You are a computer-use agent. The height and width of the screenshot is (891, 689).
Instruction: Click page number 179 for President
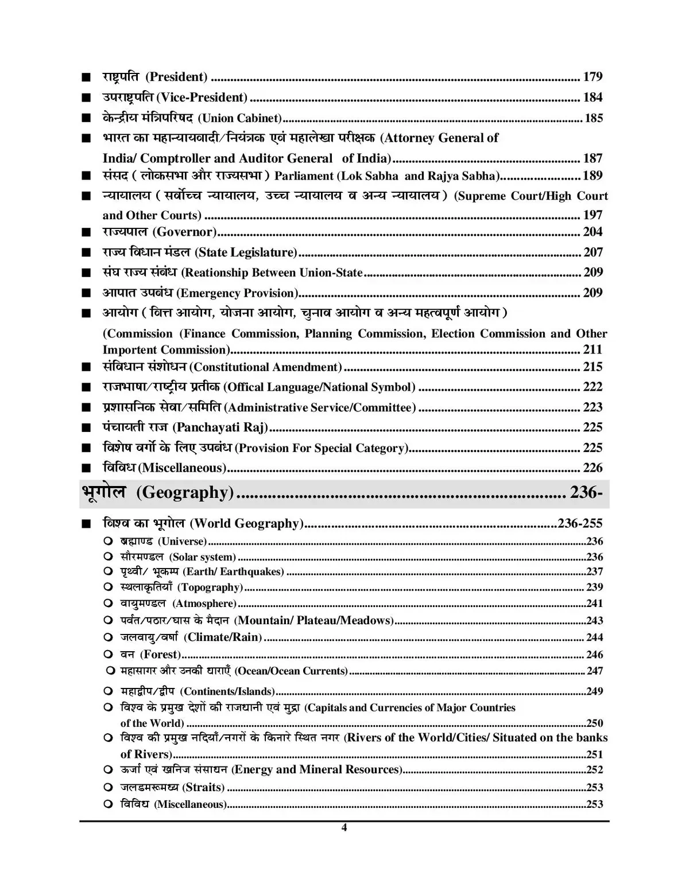click(x=593, y=77)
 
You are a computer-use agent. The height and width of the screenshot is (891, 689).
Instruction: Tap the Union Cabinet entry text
click(x=240, y=118)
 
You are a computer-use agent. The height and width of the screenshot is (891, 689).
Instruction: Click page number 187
click(x=593, y=158)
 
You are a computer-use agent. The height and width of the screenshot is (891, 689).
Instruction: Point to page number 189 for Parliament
click(x=593, y=176)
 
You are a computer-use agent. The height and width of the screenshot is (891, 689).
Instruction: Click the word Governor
click(x=184, y=232)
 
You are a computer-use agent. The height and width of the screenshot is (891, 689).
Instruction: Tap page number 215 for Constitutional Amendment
click(x=593, y=367)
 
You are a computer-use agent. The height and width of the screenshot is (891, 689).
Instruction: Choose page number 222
click(x=593, y=387)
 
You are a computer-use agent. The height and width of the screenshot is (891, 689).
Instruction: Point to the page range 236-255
click(x=579, y=523)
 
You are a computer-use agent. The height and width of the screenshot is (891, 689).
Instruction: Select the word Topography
click(x=210, y=587)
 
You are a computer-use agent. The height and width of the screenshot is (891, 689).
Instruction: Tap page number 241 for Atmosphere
click(x=594, y=604)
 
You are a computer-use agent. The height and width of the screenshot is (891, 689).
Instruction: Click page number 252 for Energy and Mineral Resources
click(x=594, y=770)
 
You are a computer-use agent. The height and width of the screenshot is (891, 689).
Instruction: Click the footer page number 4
click(x=344, y=828)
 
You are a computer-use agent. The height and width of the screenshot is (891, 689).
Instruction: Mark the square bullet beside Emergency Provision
click(x=86, y=293)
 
